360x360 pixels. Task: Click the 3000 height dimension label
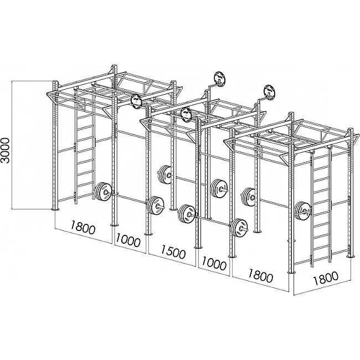click(x=5, y=151)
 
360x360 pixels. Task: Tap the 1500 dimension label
click(x=173, y=251)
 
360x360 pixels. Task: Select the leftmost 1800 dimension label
click(x=83, y=227)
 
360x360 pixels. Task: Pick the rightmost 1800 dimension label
click(x=326, y=278)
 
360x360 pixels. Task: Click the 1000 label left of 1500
click(x=128, y=240)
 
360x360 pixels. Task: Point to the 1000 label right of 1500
click(x=214, y=263)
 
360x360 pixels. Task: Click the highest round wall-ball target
click(x=220, y=79)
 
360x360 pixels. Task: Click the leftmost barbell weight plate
click(x=103, y=192)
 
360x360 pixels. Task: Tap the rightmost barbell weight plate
click(x=302, y=211)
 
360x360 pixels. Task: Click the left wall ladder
click(x=85, y=148)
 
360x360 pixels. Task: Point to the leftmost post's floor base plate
click(x=55, y=209)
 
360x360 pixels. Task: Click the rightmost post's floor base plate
click(x=351, y=256)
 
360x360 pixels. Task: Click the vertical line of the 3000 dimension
click(x=12, y=145)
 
